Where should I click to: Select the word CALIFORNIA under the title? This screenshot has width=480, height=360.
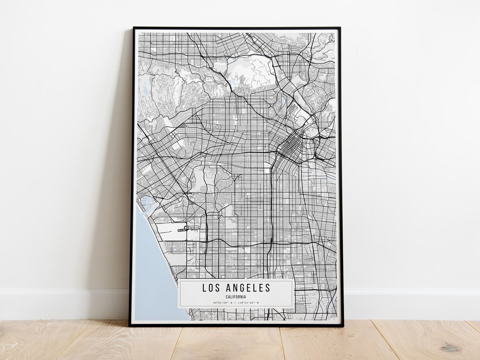tap(236, 297)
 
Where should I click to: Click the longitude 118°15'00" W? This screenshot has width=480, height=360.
tap(248, 303)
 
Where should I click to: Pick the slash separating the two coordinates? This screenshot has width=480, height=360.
tap(236, 303)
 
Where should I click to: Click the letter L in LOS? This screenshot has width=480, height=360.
tap(204, 288)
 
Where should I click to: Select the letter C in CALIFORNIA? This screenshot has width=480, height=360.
tap(227, 297)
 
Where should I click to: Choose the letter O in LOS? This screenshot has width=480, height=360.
tap(211, 288)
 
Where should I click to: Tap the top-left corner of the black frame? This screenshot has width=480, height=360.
tap(134, 28)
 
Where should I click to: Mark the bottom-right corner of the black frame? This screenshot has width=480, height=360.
tap(343, 326)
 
